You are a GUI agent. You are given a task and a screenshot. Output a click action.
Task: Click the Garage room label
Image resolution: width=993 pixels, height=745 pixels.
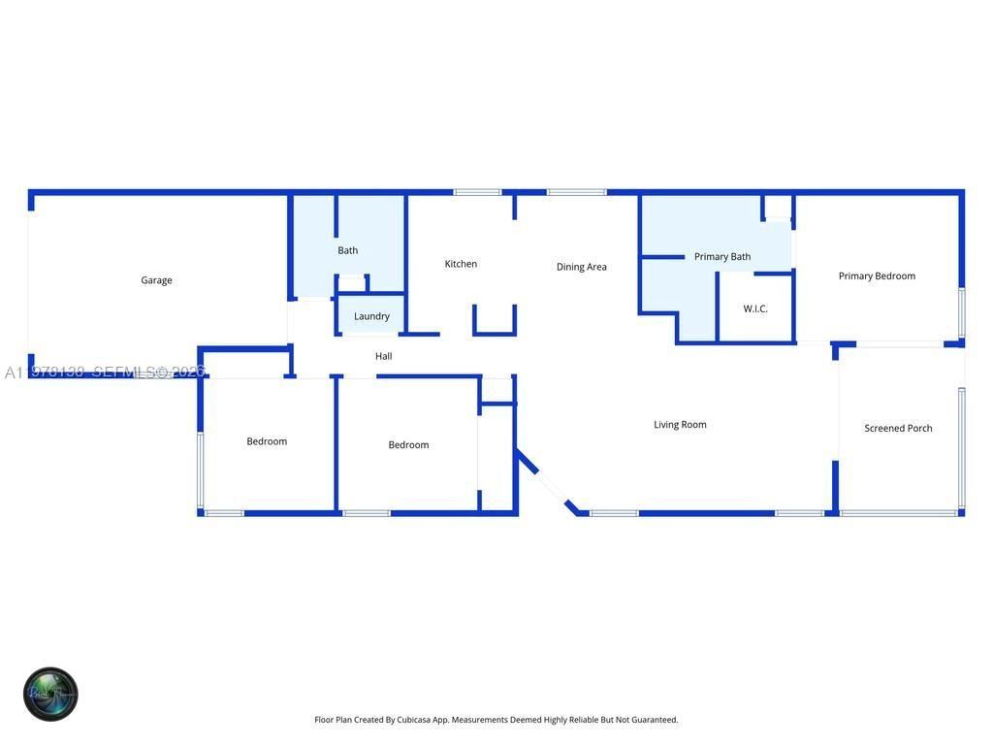[x=156, y=280]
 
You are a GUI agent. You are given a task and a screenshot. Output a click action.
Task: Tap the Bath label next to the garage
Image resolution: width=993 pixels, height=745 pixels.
[x=347, y=250]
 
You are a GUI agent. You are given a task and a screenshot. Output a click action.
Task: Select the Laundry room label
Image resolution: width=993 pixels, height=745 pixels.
[x=371, y=316]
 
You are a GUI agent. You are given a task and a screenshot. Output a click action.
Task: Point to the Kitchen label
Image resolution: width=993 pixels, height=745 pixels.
[x=461, y=264]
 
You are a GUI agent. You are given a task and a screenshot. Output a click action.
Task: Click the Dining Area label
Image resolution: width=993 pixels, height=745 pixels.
[x=581, y=267]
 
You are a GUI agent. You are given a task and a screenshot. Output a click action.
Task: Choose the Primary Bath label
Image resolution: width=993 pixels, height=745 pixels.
[x=721, y=257]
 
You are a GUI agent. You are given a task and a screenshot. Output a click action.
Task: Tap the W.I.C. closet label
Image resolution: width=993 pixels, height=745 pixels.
[x=755, y=308]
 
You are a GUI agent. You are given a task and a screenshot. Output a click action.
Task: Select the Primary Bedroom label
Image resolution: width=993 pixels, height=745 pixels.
[x=877, y=275]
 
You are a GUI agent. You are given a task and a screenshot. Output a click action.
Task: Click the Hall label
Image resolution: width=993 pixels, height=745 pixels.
[x=383, y=356]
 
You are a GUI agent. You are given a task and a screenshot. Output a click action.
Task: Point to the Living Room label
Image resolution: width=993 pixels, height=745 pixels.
[x=680, y=424]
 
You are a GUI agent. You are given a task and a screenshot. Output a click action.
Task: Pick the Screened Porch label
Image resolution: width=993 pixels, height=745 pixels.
[x=898, y=428]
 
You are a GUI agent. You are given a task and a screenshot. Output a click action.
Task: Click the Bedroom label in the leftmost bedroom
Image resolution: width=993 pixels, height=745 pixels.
[x=267, y=441]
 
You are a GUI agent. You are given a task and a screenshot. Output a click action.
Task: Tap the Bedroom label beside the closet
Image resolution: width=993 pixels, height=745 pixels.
[x=408, y=445]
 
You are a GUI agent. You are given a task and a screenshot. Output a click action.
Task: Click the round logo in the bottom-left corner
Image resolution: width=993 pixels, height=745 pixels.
[x=50, y=695]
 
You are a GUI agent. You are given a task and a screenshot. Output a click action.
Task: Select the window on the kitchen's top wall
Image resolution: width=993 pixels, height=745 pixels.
[x=477, y=192]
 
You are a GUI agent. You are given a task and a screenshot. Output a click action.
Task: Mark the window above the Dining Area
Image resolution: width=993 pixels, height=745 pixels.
[x=576, y=192]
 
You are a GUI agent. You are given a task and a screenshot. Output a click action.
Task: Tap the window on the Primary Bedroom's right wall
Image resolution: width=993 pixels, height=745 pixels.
[x=961, y=312]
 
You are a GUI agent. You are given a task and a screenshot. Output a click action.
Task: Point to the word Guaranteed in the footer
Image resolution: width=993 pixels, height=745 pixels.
[x=655, y=720]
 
